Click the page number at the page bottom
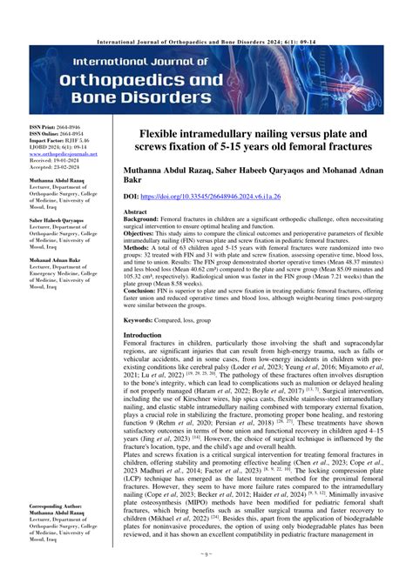pos(206,574)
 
